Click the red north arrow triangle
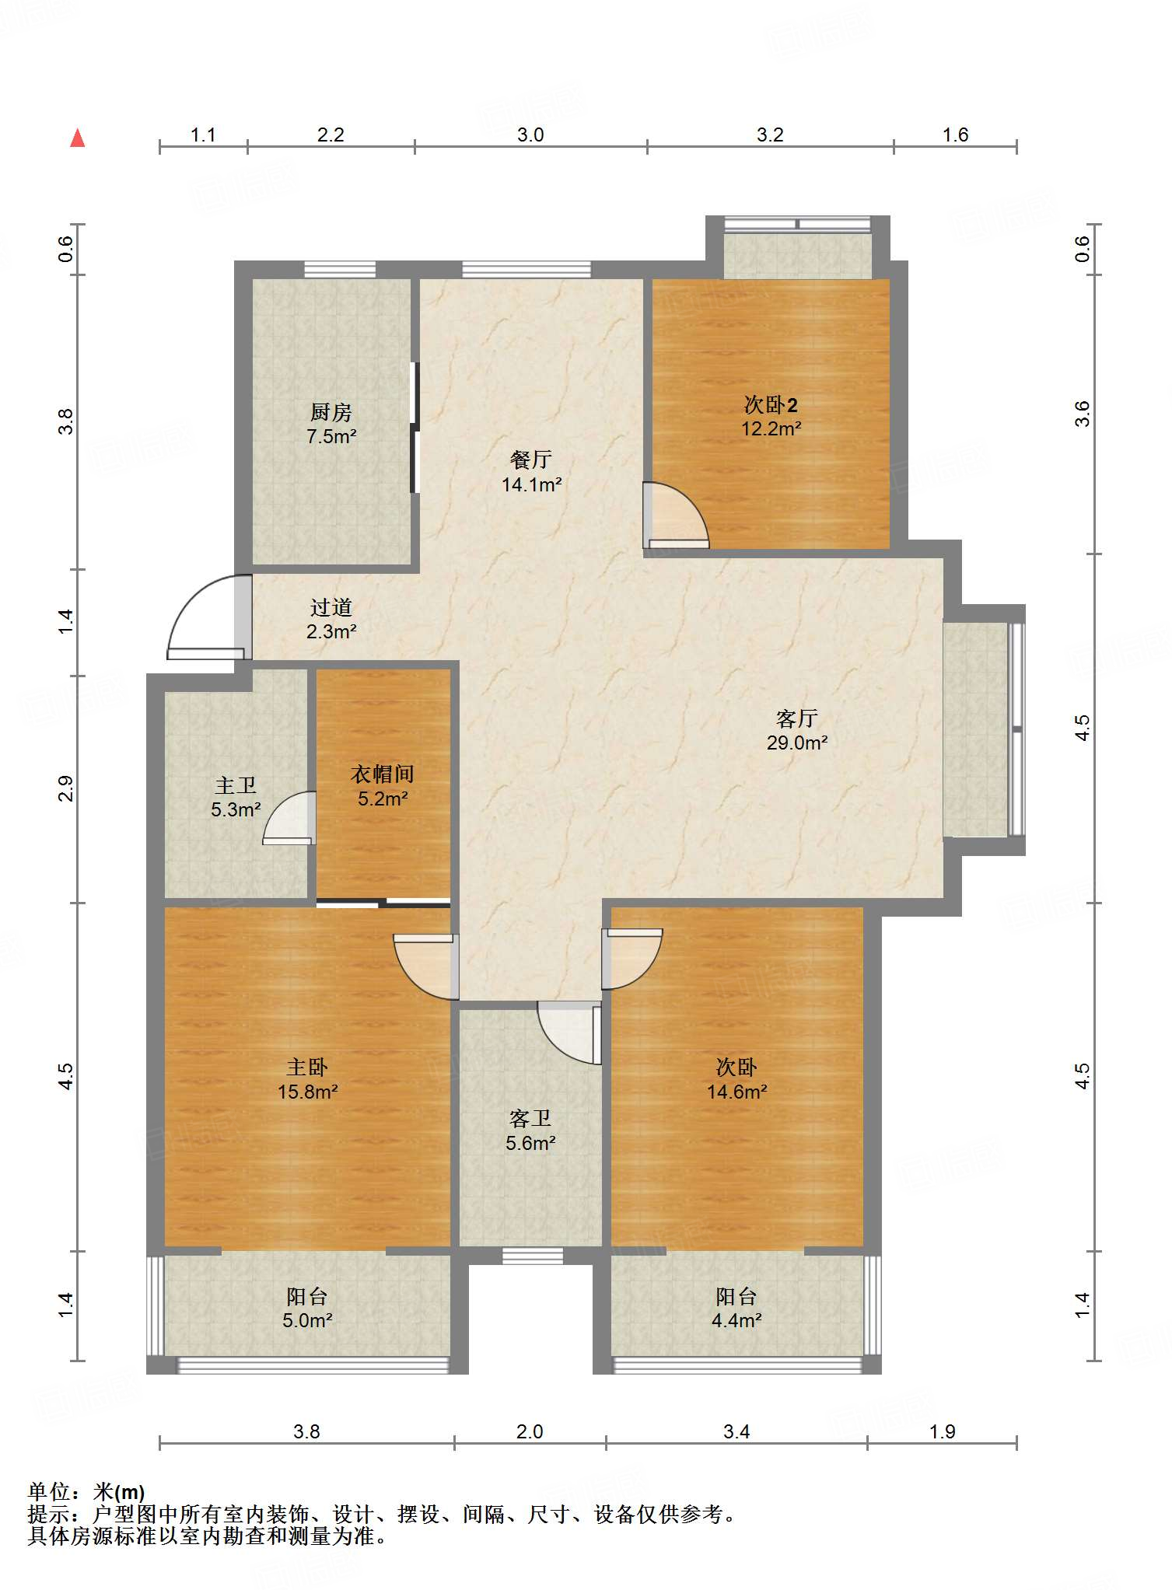pos(77,138)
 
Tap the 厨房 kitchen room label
pos(331,424)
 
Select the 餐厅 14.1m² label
pos(531,471)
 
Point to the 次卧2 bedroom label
pos(771,416)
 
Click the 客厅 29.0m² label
pos(797,730)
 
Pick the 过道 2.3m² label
pos(331,619)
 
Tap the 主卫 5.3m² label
pos(236,797)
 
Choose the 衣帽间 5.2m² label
pos(383,786)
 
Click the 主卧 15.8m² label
pos(308,1079)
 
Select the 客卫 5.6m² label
pos(530,1130)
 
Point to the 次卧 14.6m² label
pos(736,1079)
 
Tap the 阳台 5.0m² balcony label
pos(307,1308)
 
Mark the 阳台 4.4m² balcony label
pos(736,1308)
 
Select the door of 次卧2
pos(676,515)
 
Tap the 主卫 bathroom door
pos(289,817)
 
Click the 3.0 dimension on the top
pos(530,135)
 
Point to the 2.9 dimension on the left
pos(66,788)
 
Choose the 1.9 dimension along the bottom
pos(943,1431)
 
